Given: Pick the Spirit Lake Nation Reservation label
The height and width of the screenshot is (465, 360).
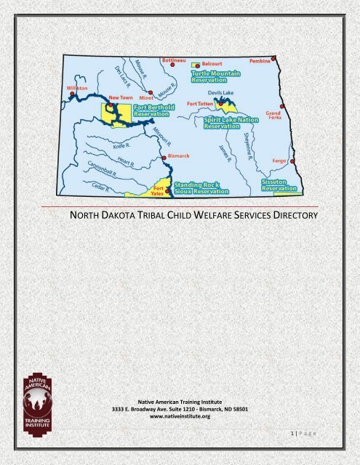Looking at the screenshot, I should (231, 121).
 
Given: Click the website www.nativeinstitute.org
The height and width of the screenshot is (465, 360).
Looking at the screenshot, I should (180, 417).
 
